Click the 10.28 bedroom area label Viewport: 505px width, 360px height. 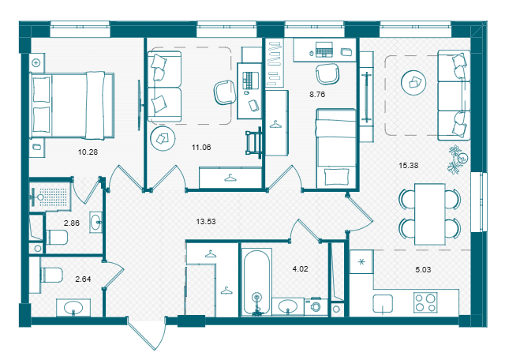[x=88, y=152]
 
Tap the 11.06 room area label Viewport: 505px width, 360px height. [x=201, y=148]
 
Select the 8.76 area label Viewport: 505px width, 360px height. [x=317, y=95]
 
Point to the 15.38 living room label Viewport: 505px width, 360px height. [x=409, y=165]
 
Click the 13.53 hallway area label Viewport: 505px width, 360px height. [x=206, y=221]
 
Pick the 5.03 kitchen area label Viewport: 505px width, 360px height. [x=423, y=269]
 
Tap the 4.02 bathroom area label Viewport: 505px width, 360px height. [x=300, y=268]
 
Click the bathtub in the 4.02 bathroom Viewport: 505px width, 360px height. [x=256, y=282]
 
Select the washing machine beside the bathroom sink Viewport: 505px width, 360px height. [x=316, y=307]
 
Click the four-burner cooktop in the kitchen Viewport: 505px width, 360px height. [x=425, y=302]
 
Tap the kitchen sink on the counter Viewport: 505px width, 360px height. [x=383, y=304]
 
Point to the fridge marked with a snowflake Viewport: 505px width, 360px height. [x=361, y=261]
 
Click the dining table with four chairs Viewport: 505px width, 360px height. [x=430, y=214]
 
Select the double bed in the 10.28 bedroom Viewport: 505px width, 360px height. [x=72, y=106]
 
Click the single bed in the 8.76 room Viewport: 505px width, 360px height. [x=336, y=148]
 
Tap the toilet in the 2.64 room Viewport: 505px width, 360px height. [x=50, y=275]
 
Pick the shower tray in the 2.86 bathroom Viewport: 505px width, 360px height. [x=49, y=196]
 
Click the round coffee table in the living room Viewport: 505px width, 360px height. [x=413, y=83]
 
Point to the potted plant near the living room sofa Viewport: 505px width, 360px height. [x=458, y=159]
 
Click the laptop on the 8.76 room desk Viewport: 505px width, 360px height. [x=324, y=49]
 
